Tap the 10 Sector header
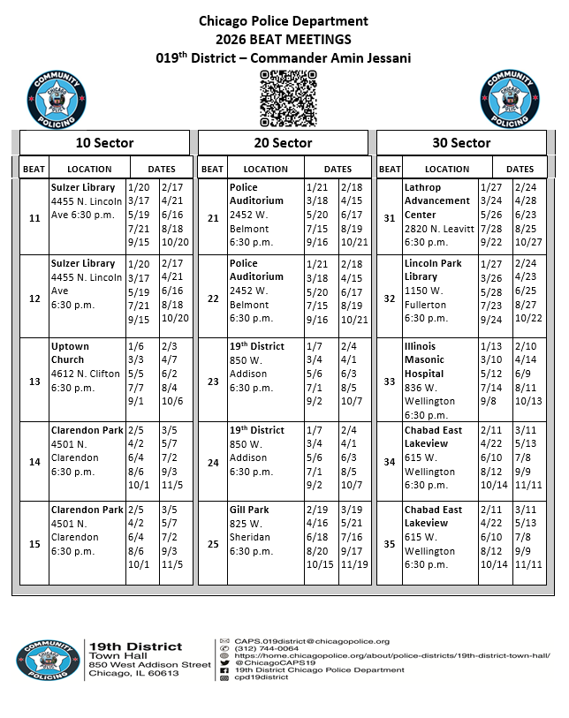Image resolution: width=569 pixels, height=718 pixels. point(104,142)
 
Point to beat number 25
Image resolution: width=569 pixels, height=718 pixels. point(212,543)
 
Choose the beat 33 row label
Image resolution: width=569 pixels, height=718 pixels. point(390,381)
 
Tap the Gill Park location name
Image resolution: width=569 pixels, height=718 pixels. point(250,510)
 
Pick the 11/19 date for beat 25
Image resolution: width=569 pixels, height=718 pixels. point(353,564)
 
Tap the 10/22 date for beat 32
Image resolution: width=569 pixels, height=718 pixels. point(527,318)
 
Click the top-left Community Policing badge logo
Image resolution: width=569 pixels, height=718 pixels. point(58,98)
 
